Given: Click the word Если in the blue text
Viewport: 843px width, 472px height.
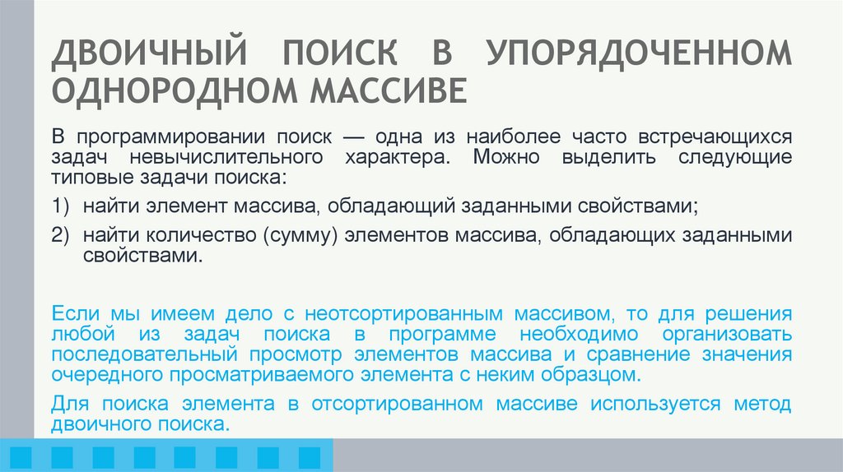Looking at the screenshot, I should pos(72,315).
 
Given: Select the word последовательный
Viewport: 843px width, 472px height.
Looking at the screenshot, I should pos(143,356).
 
